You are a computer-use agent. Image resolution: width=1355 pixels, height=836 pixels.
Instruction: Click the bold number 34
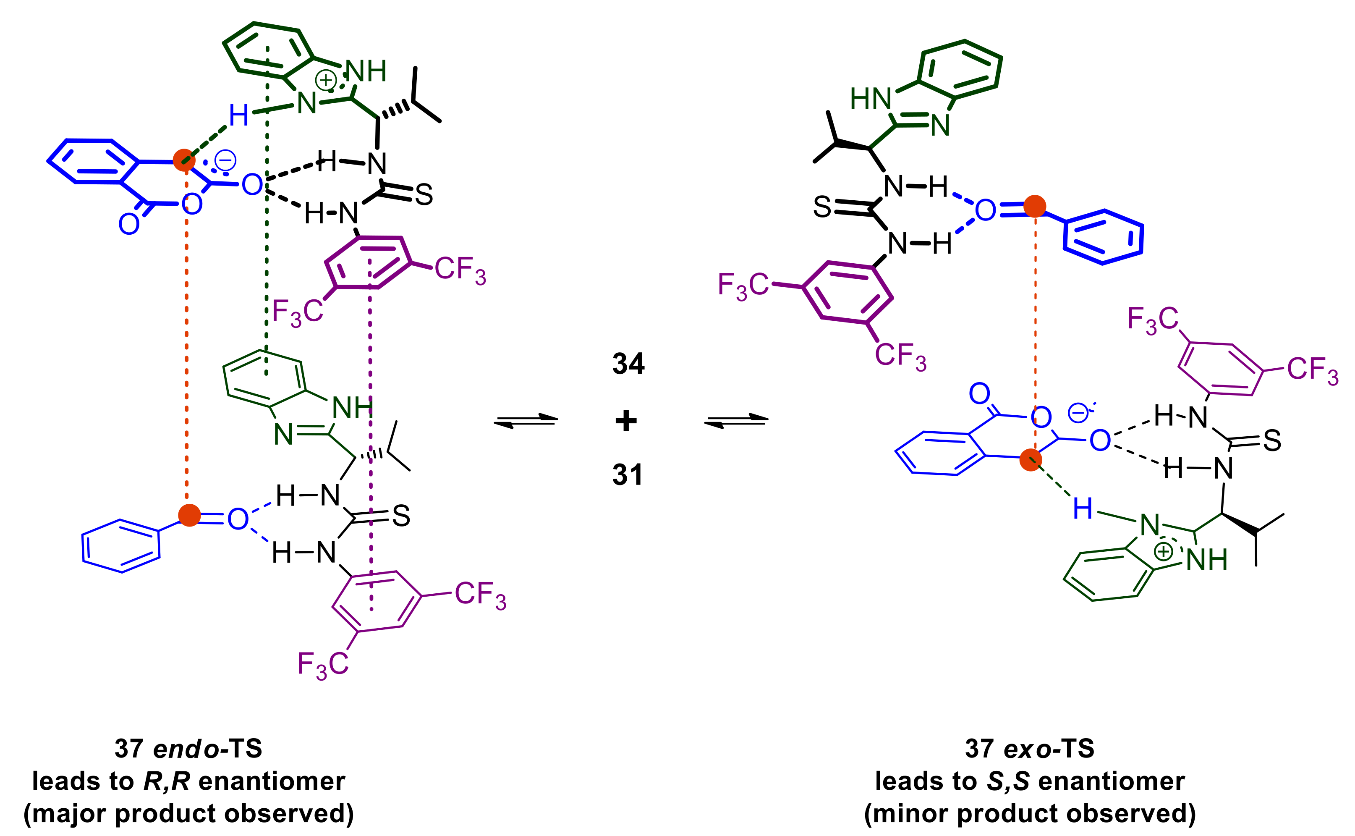click(628, 364)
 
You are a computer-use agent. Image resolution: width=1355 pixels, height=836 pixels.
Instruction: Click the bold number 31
click(628, 474)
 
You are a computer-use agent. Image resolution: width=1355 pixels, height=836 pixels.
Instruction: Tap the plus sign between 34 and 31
click(626, 421)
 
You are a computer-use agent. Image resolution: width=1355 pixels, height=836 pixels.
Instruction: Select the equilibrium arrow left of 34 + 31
click(526, 421)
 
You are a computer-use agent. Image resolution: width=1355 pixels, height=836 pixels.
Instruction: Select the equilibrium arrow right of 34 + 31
click(736, 421)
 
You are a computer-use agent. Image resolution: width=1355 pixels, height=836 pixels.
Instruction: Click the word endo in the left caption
click(186, 749)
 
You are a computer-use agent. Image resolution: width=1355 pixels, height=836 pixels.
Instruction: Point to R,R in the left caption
click(166, 781)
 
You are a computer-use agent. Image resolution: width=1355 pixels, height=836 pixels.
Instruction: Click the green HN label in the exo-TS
click(870, 99)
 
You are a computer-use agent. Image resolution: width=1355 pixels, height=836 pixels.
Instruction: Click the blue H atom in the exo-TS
click(1083, 508)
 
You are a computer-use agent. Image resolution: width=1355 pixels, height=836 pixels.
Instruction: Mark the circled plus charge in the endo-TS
click(325, 80)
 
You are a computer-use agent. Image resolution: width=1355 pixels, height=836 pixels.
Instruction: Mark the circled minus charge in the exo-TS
click(1078, 412)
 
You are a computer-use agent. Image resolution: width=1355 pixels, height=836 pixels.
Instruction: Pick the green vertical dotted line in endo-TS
click(267, 221)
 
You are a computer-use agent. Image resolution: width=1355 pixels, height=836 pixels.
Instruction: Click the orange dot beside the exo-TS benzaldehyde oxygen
click(1034, 206)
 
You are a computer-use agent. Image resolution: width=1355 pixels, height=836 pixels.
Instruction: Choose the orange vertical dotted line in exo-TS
click(1035, 332)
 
